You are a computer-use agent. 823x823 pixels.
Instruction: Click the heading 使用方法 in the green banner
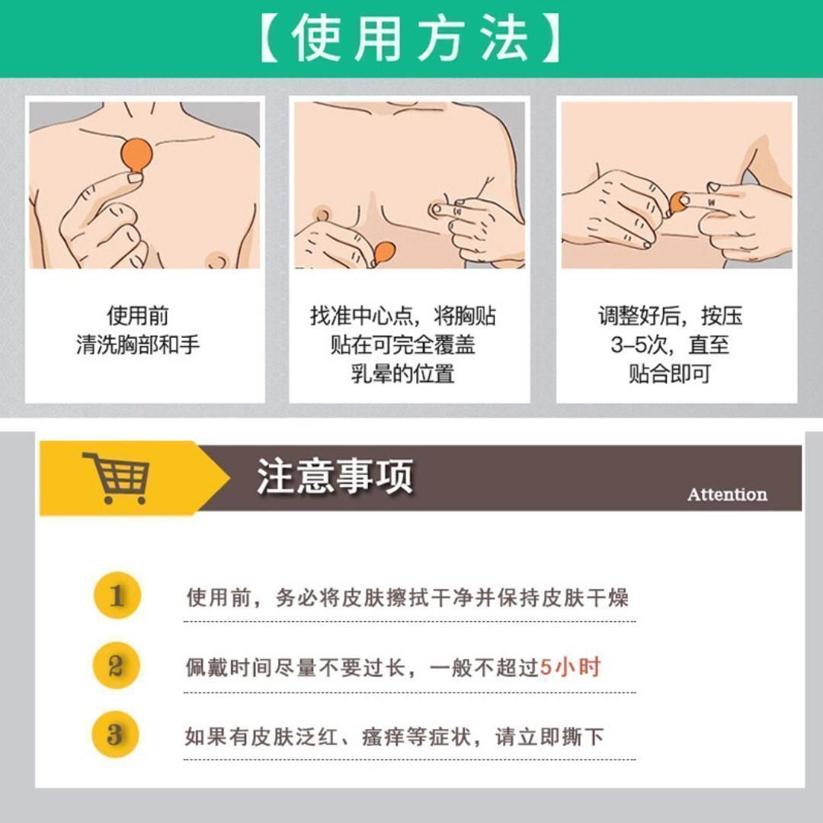tap(410, 38)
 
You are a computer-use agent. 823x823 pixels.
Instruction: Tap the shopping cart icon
tap(117, 478)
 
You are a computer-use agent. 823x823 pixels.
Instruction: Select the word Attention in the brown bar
tap(728, 494)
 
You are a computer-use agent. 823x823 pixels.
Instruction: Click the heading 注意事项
tap(335, 476)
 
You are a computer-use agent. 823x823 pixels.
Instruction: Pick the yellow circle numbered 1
tap(117, 595)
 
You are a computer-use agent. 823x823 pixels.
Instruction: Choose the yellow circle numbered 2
tap(117, 665)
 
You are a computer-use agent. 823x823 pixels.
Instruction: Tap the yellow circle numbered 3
tap(116, 735)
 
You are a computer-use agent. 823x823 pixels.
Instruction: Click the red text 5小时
tap(571, 667)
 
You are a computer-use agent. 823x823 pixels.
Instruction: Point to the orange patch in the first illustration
tap(136, 156)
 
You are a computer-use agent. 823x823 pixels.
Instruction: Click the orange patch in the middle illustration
tap(383, 254)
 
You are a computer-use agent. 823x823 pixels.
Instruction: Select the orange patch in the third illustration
tap(679, 202)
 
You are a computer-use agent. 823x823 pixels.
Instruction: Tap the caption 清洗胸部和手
tap(138, 345)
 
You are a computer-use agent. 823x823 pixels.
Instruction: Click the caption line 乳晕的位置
tap(402, 374)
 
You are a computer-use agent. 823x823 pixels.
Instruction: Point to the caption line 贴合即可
tap(670, 374)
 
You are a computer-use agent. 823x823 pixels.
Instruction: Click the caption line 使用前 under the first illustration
tap(138, 315)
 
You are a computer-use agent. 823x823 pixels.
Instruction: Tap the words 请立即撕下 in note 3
tap(549, 737)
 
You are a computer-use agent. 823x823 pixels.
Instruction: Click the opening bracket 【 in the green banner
tap(269, 38)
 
